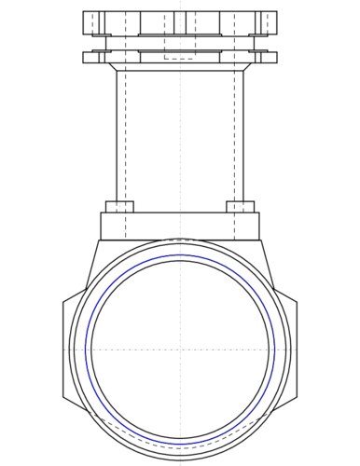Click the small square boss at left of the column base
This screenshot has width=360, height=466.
click(x=119, y=206)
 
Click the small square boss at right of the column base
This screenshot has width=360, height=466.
click(x=241, y=206)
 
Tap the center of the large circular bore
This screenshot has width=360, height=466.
click(x=180, y=349)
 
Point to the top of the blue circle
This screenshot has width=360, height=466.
click(x=180, y=254)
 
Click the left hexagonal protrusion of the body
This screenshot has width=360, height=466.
click(x=67, y=349)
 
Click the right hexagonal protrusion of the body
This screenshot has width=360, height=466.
click(x=293, y=349)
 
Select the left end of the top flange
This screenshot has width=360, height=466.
click(x=86, y=21)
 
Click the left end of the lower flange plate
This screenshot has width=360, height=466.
click(x=86, y=57)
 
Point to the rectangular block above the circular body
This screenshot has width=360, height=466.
click(x=180, y=226)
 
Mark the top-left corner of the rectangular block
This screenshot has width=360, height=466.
click(x=101, y=212)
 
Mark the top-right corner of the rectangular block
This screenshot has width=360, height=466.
click(x=260, y=212)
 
